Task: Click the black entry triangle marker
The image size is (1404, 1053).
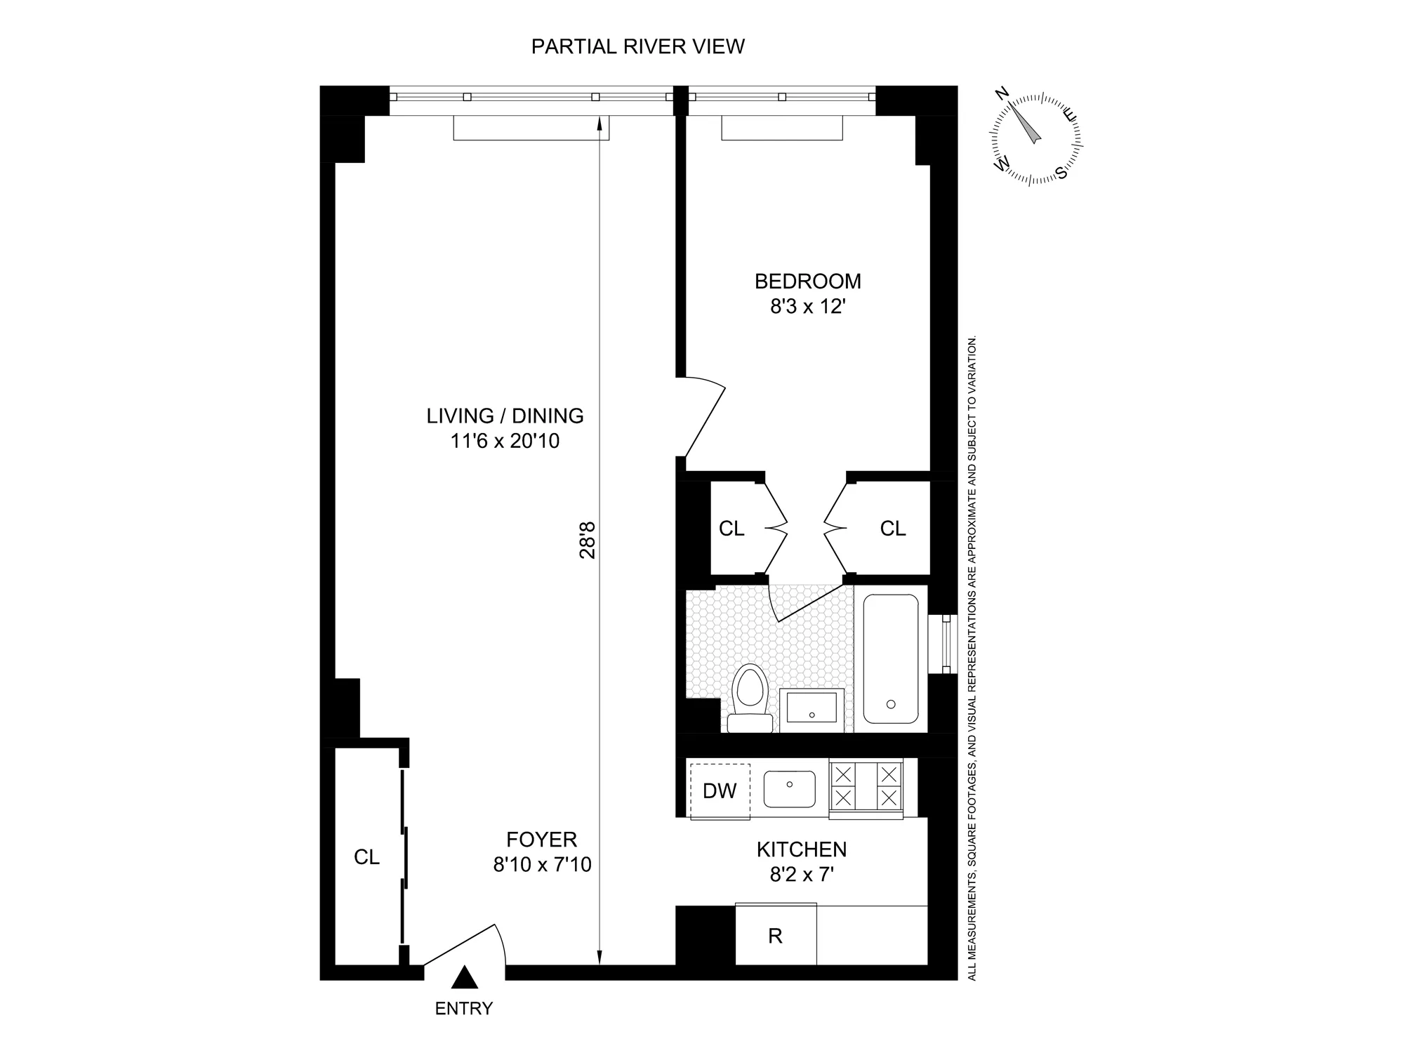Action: click(464, 978)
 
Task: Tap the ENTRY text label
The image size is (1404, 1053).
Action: click(464, 1009)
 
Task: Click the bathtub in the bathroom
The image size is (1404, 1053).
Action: click(890, 658)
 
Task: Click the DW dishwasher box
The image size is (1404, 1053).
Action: click(720, 790)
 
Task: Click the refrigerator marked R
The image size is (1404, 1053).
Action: click(776, 935)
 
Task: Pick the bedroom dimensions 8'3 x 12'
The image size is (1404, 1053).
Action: click(807, 307)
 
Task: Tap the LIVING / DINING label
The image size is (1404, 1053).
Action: click(505, 416)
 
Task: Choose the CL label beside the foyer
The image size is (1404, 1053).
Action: click(366, 856)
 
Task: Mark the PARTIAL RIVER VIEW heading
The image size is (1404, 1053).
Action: click(637, 46)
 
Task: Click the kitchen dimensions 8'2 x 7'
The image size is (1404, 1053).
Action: click(802, 875)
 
